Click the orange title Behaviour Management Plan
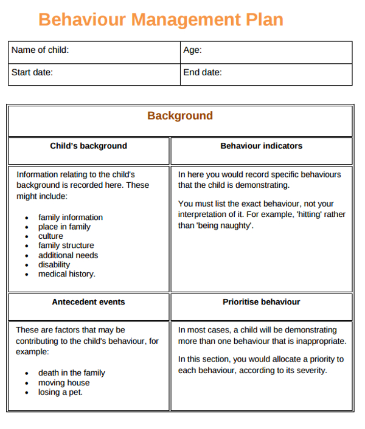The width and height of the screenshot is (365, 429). click(x=161, y=19)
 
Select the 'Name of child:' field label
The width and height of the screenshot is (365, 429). click(x=40, y=50)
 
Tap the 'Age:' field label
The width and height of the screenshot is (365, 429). click(x=192, y=50)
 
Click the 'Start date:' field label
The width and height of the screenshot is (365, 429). click(x=32, y=72)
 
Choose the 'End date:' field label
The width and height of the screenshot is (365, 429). click(x=203, y=72)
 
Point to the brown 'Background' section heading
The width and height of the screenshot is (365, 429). click(x=180, y=116)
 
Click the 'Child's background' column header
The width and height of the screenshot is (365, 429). click(x=88, y=146)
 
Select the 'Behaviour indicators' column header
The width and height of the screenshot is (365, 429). click(x=261, y=146)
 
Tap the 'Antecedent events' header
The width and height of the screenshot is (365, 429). click(x=88, y=302)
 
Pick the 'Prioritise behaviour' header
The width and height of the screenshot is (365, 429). click(x=261, y=302)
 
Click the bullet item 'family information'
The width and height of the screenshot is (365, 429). click(x=71, y=217)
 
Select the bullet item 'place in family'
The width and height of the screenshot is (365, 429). click(x=64, y=227)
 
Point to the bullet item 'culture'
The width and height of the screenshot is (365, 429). click(x=50, y=236)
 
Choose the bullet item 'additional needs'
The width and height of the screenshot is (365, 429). click(x=68, y=255)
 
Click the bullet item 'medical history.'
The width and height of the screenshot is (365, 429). click(x=67, y=274)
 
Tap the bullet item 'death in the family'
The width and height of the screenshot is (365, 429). click(x=72, y=373)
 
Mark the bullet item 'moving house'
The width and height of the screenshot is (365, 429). click(x=64, y=383)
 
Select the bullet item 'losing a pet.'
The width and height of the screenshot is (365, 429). click(x=60, y=392)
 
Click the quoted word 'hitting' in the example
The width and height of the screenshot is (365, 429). click(x=312, y=214)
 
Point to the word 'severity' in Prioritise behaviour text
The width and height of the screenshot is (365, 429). click(x=311, y=370)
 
